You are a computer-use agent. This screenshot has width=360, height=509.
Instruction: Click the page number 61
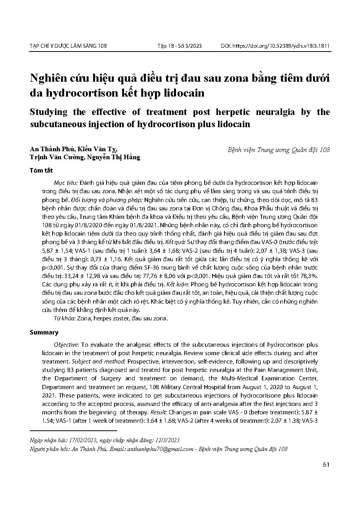pos(326,465)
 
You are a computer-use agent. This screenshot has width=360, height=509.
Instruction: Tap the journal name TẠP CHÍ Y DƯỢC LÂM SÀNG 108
pos(68,46)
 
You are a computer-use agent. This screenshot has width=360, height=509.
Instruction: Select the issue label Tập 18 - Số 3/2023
pos(179,46)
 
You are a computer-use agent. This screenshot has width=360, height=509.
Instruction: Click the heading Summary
pos(44,332)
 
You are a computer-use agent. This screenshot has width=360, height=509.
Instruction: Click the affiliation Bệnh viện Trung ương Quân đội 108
pos(279,150)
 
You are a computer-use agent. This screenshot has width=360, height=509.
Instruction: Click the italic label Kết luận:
pos(177,284)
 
